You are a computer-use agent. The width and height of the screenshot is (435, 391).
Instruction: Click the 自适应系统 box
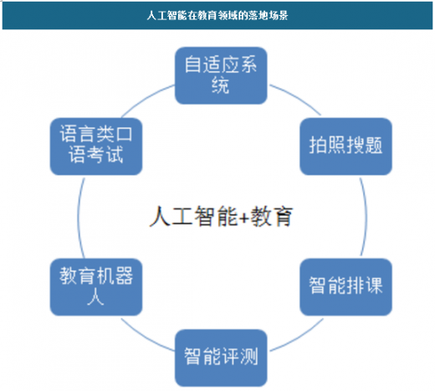point(221,75)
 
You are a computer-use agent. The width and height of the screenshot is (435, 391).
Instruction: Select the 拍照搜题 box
point(345,147)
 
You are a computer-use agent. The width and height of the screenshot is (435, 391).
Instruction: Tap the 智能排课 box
point(345,287)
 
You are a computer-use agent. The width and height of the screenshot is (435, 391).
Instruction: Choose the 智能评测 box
point(221,358)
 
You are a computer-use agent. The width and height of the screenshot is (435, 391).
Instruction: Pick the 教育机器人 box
point(96,287)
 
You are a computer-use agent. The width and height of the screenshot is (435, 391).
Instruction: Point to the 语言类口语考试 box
point(96,147)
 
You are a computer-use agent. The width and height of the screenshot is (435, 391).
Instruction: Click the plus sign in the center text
point(244,218)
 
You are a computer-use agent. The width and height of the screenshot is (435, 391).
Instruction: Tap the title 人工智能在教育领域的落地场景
point(217,15)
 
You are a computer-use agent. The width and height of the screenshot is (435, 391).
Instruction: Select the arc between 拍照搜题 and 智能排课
point(366,217)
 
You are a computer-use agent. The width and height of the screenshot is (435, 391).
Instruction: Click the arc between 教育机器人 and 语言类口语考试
point(79,217)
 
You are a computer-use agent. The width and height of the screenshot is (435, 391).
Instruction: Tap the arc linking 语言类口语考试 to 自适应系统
point(146,98)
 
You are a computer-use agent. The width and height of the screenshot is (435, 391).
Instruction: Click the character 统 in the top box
point(221,85)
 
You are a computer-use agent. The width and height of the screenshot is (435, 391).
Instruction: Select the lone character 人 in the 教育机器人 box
point(96,297)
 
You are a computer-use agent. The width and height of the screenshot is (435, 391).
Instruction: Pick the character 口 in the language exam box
point(124,134)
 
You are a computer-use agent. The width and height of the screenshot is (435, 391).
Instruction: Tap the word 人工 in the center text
point(171,216)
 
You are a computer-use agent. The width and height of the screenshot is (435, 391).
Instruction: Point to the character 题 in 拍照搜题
point(373,145)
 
